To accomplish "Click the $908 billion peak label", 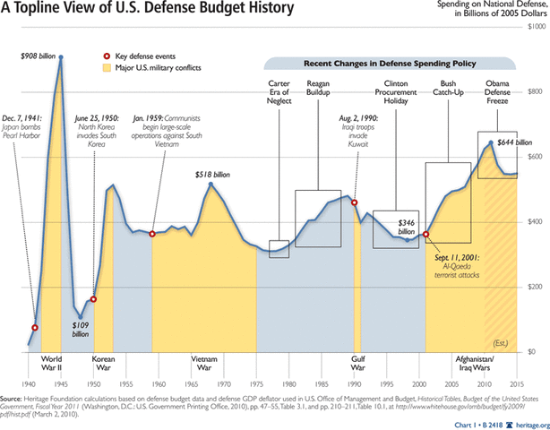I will pos(37,56).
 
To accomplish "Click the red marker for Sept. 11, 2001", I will pos(426,234).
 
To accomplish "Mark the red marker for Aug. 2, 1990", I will pos(355,202).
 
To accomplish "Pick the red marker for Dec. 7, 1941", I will pos(36,327).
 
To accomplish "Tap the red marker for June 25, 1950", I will pos(94,299).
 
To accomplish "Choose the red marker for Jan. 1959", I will pos(152,234).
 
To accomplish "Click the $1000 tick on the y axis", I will pos(534,30).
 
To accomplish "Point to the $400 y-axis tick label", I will pos(536,222).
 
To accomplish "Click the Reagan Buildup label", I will pos(320,88).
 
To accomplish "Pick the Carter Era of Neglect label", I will pos(279,93).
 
